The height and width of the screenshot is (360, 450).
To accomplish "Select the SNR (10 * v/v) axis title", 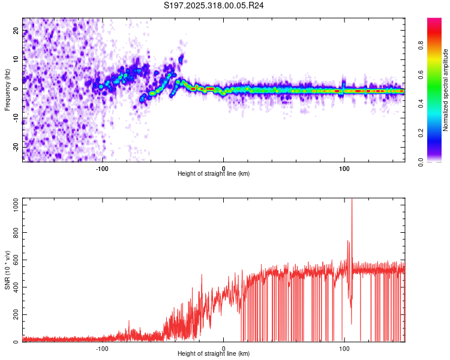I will tap(7, 270).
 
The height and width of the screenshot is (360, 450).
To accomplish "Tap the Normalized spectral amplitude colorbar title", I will tap(446, 90).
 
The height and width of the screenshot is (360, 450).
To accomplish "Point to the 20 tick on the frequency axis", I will tap(17, 31).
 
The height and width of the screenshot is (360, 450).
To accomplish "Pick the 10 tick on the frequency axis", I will tap(17, 60).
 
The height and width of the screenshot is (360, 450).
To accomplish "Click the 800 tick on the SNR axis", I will tap(15, 233).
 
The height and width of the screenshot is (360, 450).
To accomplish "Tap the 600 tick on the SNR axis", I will tap(15, 260).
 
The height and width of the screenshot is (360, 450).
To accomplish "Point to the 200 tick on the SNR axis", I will tap(15, 314).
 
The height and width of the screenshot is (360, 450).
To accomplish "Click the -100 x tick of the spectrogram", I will tap(102, 167).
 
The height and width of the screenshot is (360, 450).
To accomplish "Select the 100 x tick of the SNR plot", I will tap(344, 348).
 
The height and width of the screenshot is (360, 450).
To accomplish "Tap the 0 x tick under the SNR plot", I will tap(224, 348).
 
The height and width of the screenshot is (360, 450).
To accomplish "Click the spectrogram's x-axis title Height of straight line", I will tap(214, 174).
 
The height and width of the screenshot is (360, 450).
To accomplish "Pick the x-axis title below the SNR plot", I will tap(214, 355).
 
